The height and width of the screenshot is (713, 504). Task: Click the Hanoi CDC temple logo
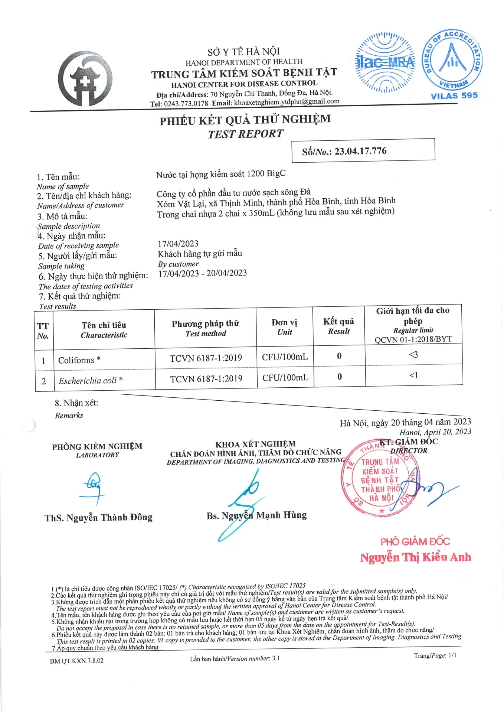(x=85, y=79)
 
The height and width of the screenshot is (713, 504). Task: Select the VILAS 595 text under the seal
(x=454, y=96)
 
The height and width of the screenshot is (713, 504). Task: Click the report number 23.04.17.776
(x=360, y=151)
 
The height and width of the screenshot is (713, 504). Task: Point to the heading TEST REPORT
(x=245, y=134)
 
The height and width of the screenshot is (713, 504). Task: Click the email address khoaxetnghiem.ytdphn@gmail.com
(x=287, y=102)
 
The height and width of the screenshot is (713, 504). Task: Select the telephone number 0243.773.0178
(x=186, y=104)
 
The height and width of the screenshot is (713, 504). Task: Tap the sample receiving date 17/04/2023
(x=178, y=244)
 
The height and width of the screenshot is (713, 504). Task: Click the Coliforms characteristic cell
(x=79, y=360)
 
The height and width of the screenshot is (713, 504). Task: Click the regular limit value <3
(x=413, y=355)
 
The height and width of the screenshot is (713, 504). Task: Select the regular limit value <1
(x=413, y=375)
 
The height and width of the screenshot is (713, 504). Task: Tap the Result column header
(x=338, y=326)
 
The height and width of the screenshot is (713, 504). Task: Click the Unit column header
(x=284, y=327)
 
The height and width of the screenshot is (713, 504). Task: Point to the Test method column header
(x=206, y=328)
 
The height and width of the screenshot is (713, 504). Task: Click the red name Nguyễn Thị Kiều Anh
(x=415, y=557)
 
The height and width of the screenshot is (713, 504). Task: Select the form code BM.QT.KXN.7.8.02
(x=77, y=661)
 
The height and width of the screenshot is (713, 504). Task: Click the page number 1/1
(x=452, y=655)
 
